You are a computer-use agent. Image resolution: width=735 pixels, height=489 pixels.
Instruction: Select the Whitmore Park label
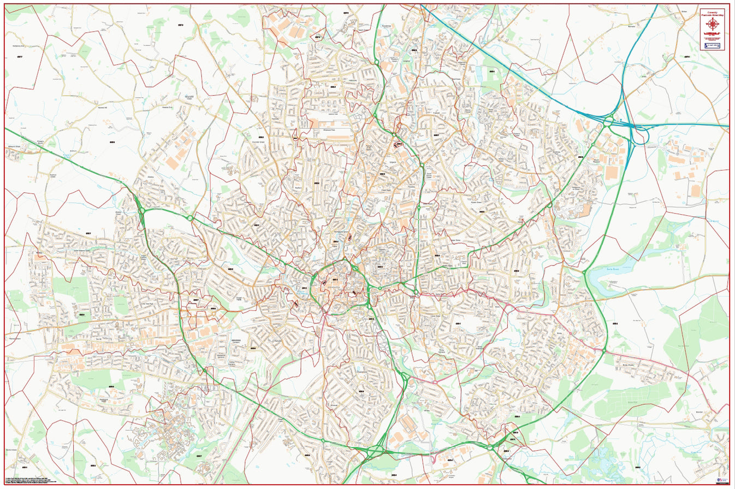pos(333,130)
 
